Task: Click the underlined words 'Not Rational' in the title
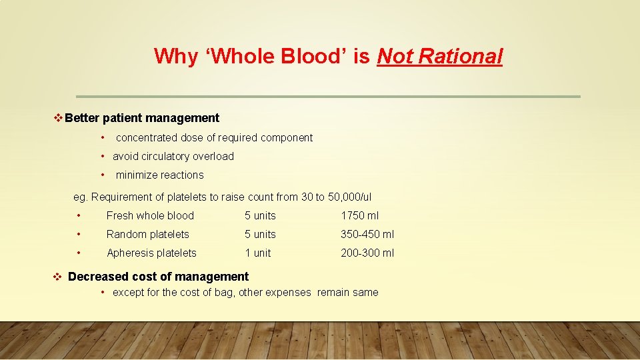click(439, 56)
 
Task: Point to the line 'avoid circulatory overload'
click(173, 157)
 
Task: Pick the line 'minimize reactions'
click(160, 175)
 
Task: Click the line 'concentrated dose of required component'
click(214, 138)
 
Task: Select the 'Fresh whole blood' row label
click(150, 215)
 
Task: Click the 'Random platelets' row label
click(148, 234)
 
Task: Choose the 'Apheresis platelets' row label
click(151, 253)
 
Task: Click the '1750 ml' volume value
click(360, 215)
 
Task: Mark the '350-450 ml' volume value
click(367, 234)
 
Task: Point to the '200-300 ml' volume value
click(367, 253)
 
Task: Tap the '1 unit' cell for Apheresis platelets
click(258, 253)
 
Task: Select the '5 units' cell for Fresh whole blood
click(260, 215)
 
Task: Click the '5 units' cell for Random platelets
click(260, 234)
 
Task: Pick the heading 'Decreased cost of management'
click(158, 276)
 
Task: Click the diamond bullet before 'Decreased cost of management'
click(57, 277)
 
